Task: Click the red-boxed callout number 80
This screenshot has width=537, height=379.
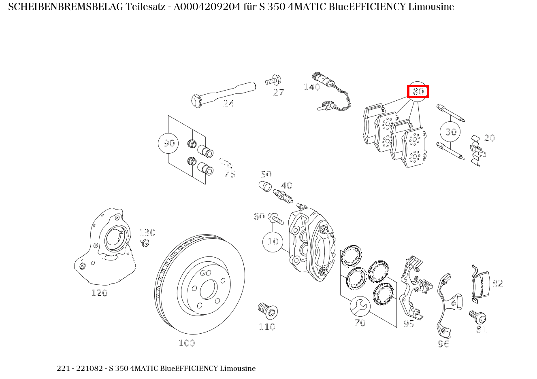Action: (x=418, y=92)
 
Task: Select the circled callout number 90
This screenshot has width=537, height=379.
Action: (x=168, y=143)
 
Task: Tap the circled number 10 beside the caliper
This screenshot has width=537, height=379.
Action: (x=273, y=241)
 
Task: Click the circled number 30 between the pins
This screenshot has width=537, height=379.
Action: (x=451, y=131)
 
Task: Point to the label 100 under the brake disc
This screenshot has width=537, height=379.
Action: (x=187, y=343)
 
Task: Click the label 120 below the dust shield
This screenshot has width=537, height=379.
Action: (x=99, y=292)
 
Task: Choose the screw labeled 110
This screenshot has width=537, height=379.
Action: (x=267, y=310)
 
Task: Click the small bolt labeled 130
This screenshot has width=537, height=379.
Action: (x=145, y=243)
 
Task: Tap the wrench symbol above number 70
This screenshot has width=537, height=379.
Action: (x=360, y=306)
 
